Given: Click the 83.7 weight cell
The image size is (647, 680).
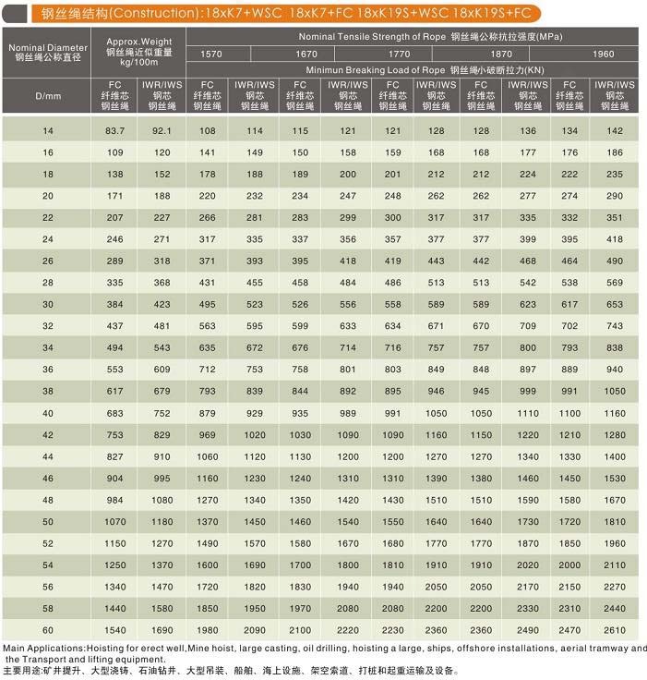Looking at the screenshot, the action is (114, 130).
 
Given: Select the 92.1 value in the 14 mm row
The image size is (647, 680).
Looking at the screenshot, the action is (162, 130).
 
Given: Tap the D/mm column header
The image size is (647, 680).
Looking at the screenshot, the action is (48, 96).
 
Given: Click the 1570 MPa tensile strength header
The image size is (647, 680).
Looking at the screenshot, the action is (211, 54).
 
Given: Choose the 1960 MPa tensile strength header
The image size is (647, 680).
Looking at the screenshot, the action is (604, 54).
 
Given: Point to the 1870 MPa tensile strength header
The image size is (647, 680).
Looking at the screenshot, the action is (501, 54).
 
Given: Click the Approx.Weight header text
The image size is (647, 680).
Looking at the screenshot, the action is (139, 42).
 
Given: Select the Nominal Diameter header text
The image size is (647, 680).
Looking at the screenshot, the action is (48, 47).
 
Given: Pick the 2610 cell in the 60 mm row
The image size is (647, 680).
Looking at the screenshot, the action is (615, 630).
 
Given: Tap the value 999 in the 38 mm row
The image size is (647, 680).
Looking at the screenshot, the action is (528, 391).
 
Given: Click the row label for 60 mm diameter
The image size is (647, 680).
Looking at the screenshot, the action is (48, 630).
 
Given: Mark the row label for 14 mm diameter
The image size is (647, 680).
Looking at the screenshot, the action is (48, 130).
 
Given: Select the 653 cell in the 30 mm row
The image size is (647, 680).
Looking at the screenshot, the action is (615, 305).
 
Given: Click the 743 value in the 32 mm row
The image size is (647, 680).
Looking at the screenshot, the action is (615, 326).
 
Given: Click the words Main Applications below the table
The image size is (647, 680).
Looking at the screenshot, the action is (43, 649).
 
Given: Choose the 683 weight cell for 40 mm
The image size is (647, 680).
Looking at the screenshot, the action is (114, 413).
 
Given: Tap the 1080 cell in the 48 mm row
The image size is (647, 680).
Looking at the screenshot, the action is (162, 500).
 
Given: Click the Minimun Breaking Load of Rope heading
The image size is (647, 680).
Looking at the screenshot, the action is (376, 70).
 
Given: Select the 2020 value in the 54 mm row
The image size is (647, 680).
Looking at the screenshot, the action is (528, 565).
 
